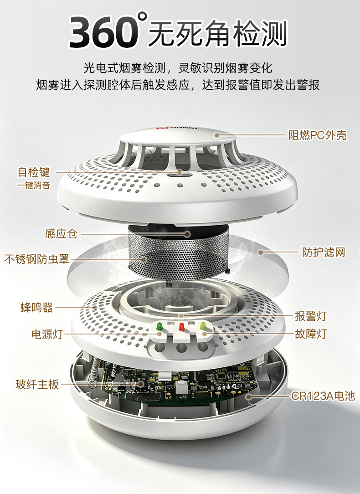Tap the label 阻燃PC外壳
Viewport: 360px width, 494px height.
pyautogui.click(x=318, y=135)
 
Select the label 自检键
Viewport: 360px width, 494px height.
pyautogui.click(x=34, y=172)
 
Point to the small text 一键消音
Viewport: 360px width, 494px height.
pyautogui.click(x=33, y=185)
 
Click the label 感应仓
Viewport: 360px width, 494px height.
pyautogui.click(x=61, y=234)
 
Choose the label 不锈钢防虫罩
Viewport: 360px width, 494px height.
pyautogui.click(x=36, y=259)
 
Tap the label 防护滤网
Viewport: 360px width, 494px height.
pyautogui.click(x=324, y=252)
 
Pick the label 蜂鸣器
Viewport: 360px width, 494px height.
pyautogui.click(x=36, y=308)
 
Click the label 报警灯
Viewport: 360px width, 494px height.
pyautogui.click(x=311, y=316)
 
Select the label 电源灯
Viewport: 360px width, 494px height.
pyautogui.click(x=47, y=334)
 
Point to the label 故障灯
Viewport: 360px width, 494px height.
pyautogui.click(x=311, y=334)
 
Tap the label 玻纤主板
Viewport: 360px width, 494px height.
pyautogui.click(x=37, y=384)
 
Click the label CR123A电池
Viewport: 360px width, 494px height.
pyautogui.click(x=323, y=396)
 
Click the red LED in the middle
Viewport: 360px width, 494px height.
pyautogui.click(x=181, y=326)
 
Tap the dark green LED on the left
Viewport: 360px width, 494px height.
pyautogui.click(x=159, y=326)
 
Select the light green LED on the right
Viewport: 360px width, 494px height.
pyautogui.click(x=203, y=326)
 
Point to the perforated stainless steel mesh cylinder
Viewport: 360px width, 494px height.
pyautogui.click(x=178, y=254)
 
